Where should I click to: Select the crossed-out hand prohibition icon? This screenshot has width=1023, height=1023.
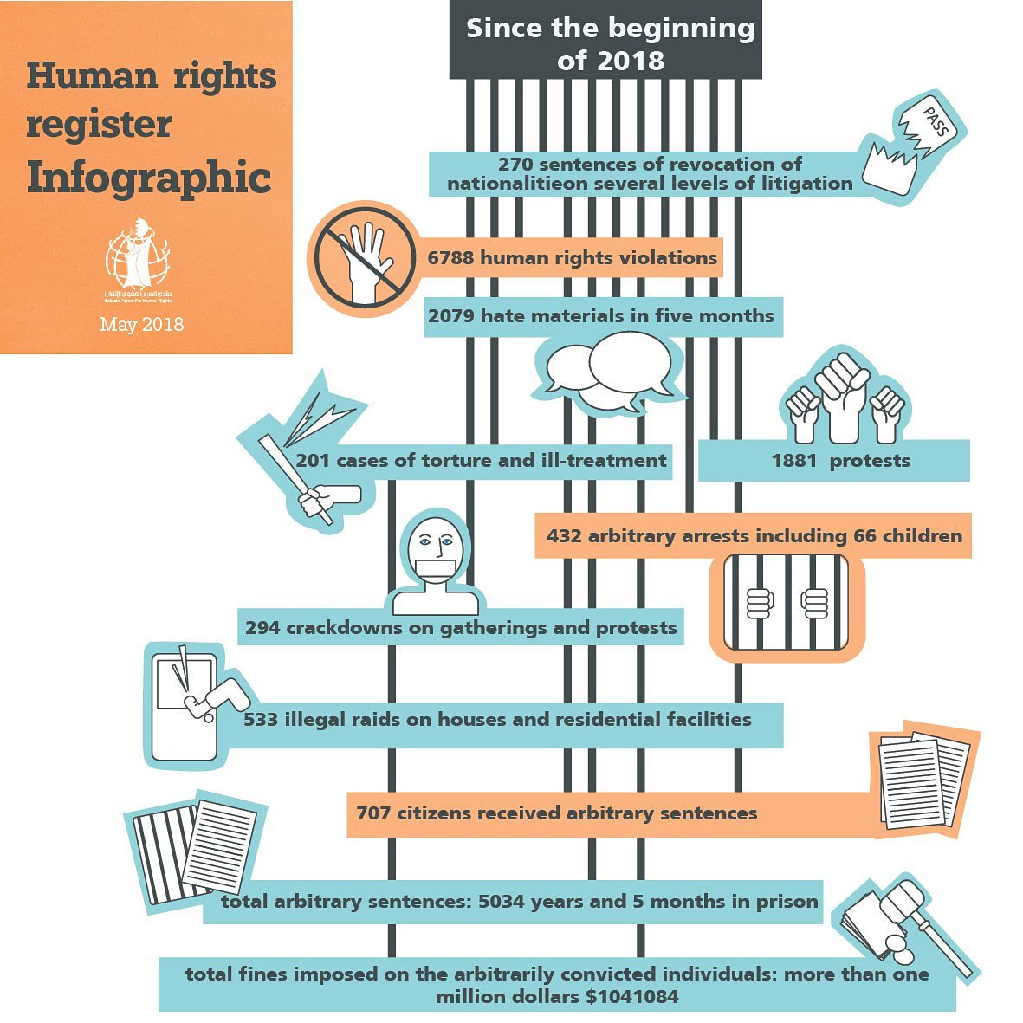pos(361,256)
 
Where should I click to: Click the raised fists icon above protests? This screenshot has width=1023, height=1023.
pos(844,399)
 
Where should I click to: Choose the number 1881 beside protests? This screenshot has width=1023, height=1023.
pos(794,461)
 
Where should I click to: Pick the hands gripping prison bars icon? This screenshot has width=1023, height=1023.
pos(787,602)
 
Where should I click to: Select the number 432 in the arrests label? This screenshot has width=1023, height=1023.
pos(564,536)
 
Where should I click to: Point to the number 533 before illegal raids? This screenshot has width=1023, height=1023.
pos(261,720)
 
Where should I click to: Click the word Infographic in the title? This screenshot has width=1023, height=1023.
pos(149,178)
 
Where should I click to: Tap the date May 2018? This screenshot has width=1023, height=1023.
pos(142,325)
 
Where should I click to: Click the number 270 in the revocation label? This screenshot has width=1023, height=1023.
pos(516,165)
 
